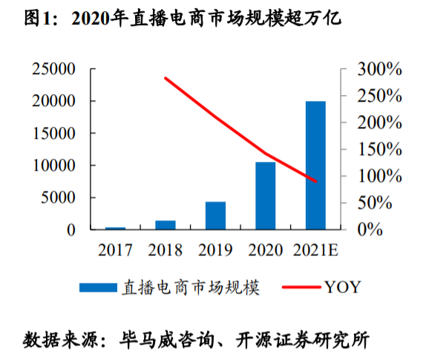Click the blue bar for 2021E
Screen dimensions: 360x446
(x=315, y=165)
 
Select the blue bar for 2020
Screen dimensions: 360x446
(x=266, y=195)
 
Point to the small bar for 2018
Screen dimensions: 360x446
(x=165, y=225)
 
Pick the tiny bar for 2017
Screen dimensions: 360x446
(x=115, y=228)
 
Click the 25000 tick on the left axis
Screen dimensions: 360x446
(x=53, y=70)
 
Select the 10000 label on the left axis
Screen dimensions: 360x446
(x=53, y=166)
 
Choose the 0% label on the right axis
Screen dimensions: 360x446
(x=367, y=230)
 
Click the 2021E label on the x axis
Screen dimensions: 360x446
(x=315, y=249)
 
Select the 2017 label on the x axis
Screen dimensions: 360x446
(x=115, y=249)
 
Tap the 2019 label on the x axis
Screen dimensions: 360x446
(x=215, y=249)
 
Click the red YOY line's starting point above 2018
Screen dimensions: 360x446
(x=165, y=78)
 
